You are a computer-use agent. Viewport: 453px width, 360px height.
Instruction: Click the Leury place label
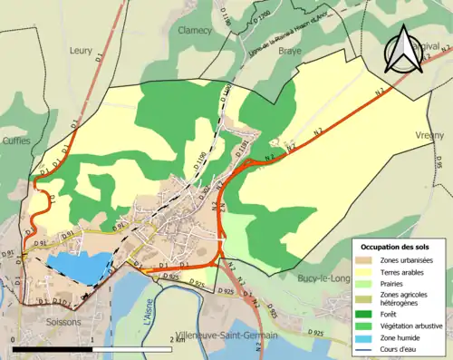click(81, 51)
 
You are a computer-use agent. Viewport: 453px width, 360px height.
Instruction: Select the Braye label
click(289, 53)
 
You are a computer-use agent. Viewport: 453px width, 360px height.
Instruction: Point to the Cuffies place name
click(15, 141)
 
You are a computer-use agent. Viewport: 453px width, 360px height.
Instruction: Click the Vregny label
click(431, 135)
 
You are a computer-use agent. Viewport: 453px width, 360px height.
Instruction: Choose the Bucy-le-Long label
click(325, 278)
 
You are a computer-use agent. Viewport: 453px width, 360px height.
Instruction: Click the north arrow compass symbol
click(403, 50)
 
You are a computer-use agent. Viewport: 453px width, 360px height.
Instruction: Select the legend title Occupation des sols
click(396, 246)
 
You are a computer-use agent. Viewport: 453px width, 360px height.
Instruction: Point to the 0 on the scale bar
click(14, 338)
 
